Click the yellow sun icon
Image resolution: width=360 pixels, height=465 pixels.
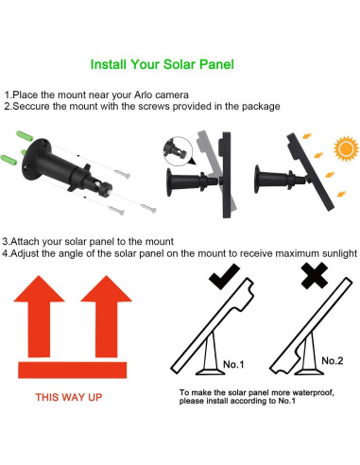[x=346, y=148]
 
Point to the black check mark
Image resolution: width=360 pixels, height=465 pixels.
[x=224, y=277]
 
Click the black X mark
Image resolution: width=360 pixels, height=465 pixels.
[x=315, y=275]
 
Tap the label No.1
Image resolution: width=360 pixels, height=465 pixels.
[x=233, y=365]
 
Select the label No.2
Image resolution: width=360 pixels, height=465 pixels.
[x=333, y=361]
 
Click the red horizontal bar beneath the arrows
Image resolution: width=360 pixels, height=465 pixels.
[x=73, y=370]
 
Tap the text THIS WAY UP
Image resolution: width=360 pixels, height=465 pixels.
[x=69, y=397]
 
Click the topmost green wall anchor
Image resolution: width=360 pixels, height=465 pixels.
[x=25, y=136]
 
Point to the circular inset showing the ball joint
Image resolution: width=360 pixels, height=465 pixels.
[x=178, y=151]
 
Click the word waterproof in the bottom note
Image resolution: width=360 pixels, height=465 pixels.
[x=313, y=393]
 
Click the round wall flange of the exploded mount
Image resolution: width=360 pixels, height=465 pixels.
[x=36, y=159]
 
